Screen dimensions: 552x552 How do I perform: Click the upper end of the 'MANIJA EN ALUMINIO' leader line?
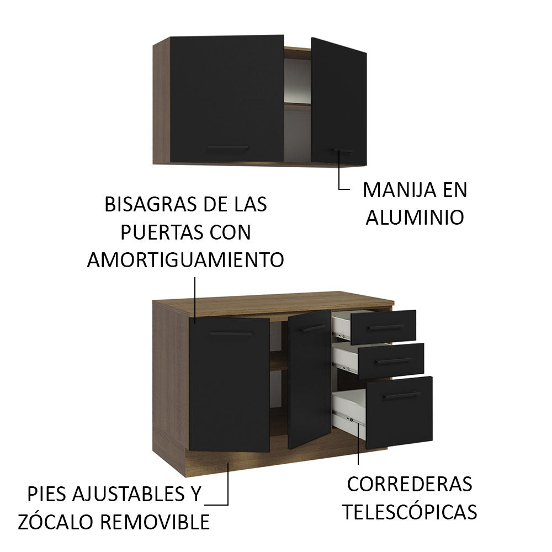[x=339, y=150]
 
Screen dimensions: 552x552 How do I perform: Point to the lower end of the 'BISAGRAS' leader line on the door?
[x=195, y=323]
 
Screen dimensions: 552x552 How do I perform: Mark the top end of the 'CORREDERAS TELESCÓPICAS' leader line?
[x=358, y=423]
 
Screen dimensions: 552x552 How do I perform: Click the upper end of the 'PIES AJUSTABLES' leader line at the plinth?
[x=228, y=463]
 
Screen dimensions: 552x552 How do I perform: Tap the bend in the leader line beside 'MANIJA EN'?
[x=339, y=189]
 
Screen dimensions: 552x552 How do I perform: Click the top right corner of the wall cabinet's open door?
[x=367, y=53]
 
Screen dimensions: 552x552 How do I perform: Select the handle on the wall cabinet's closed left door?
[x=228, y=147]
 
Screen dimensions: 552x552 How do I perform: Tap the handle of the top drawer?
[x=385, y=328]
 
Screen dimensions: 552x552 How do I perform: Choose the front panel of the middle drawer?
[x=391, y=361]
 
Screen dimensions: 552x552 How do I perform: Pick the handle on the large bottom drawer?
[x=402, y=396]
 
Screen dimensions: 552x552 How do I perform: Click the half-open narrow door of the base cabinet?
[x=310, y=379]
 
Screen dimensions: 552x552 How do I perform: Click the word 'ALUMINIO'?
[x=415, y=217]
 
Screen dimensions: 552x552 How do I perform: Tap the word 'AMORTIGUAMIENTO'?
[x=185, y=260]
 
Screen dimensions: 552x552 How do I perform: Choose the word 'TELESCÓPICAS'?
[x=410, y=512]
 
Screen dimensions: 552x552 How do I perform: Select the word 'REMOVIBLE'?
[x=155, y=522]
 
